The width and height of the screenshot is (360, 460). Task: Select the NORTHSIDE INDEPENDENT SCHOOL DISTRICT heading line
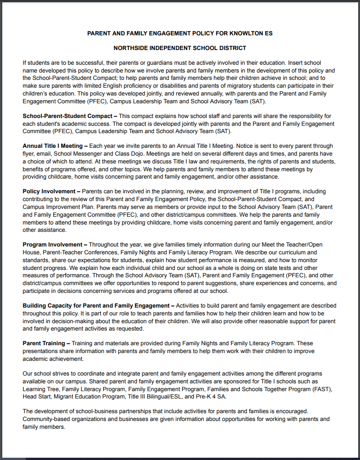[180, 48]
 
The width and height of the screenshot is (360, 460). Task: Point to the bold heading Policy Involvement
[49, 191]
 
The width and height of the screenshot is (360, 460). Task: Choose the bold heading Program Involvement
[53, 245]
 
